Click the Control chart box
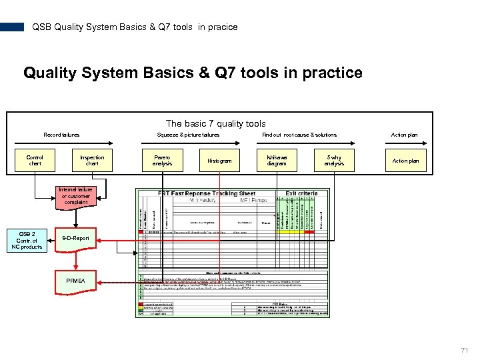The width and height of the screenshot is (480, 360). click(x=35, y=161)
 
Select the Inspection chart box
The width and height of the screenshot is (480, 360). click(x=92, y=161)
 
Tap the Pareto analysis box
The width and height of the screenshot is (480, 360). click(x=162, y=161)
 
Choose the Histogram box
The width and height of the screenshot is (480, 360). click(x=219, y=161)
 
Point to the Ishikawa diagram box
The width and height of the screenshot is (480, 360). click(x=277, y=161)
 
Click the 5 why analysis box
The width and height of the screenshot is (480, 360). click(x=334, y=161)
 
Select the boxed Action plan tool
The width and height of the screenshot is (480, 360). click(x=405, y=161)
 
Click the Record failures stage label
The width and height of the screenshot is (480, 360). click(x=61, y=135)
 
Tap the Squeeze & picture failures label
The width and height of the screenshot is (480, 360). click(x=188, y=135)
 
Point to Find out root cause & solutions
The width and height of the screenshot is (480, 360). click(x=299, y=135)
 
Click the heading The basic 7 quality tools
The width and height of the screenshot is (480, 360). click(x=215, y=123)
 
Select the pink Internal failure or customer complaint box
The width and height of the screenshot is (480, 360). click(x=76, y=195)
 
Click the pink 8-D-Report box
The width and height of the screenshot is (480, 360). click(x=76, y=238)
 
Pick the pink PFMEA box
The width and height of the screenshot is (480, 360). click(x=76, y=281)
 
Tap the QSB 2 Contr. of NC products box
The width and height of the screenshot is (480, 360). click(x=27, y=240)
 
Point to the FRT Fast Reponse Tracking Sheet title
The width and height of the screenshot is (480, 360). click(x=207, y=193)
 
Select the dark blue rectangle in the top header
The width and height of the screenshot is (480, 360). click(x=12, y=27)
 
